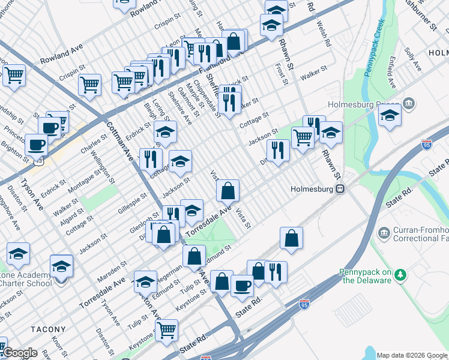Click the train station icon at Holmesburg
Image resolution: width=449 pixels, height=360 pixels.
340,188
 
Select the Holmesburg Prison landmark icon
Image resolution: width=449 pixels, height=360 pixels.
409,104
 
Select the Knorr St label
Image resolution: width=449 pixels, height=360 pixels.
58,347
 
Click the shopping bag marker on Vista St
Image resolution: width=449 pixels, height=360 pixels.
228,191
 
